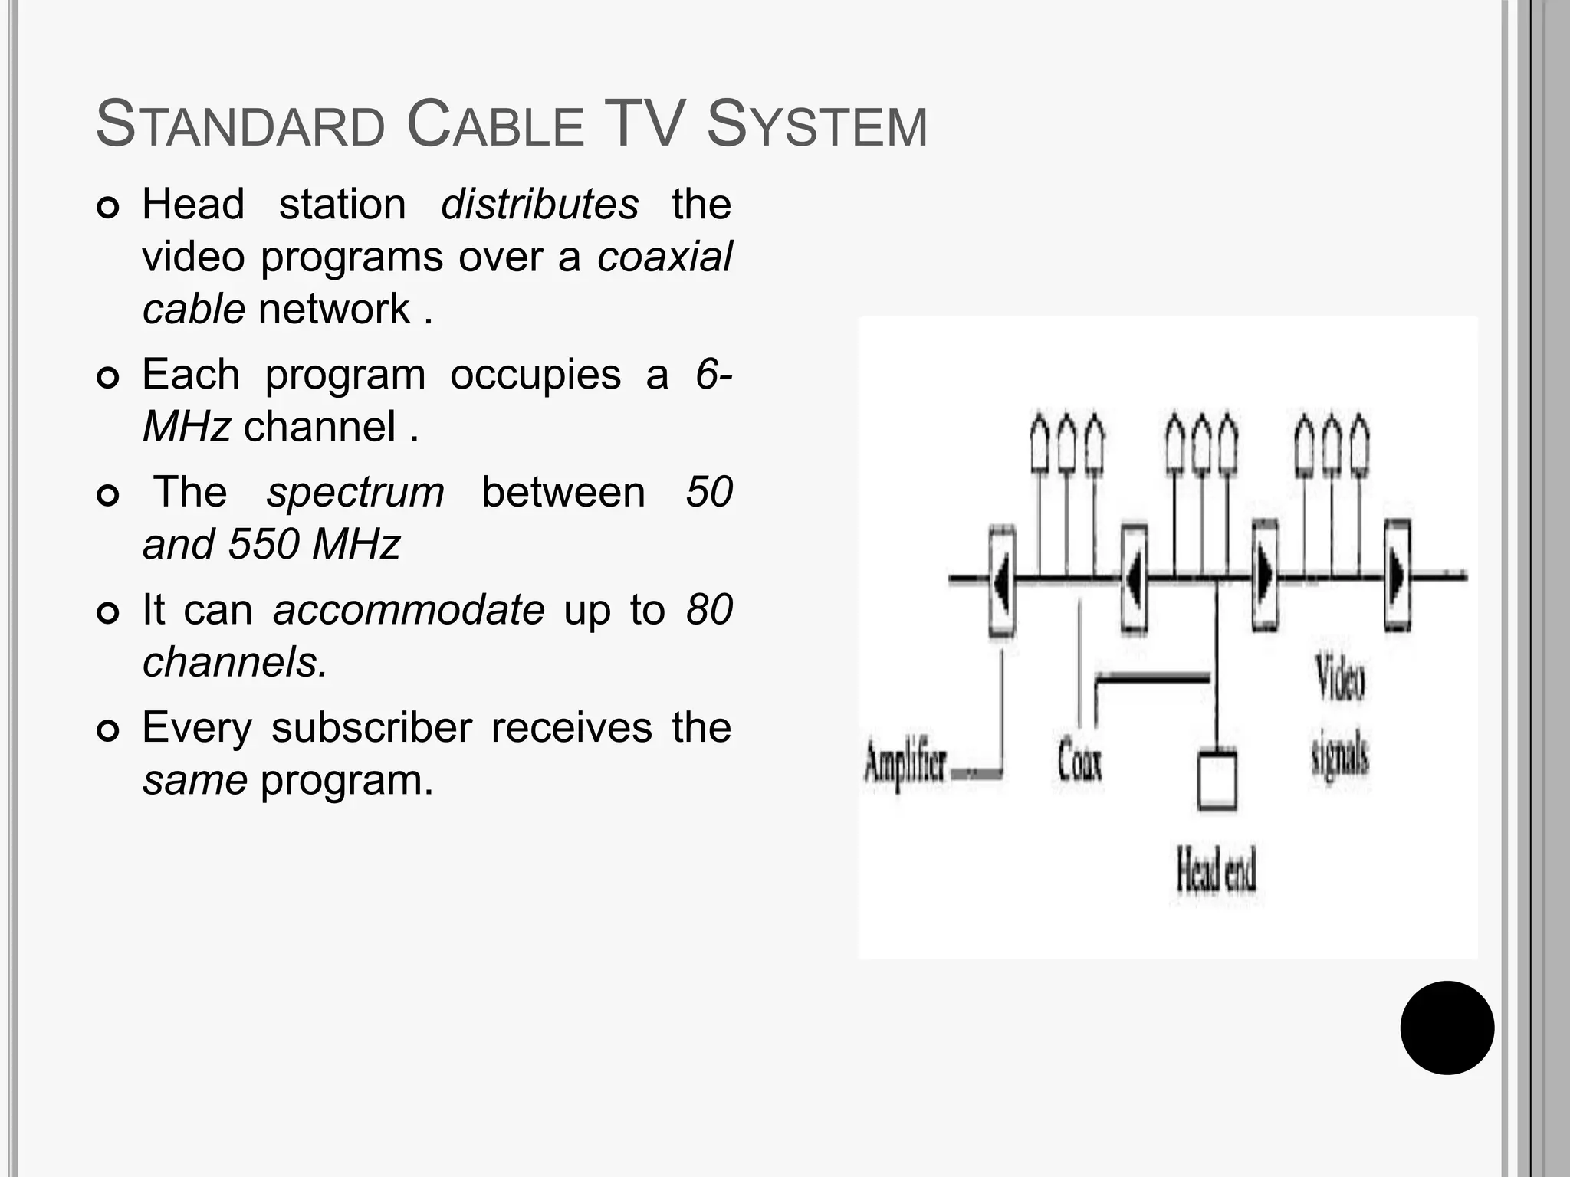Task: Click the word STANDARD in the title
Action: coord(241,125)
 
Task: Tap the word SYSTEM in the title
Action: coord(816,125)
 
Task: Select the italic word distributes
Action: coord(539,205)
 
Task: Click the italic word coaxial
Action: coord(665,257)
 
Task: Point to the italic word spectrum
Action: coord(355,492)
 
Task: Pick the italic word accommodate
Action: coord(409,610)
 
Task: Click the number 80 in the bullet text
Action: coord(709,610)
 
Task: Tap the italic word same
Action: coord(195,780)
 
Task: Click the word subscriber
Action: coord(371,727)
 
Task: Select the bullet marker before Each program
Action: coord(108,378)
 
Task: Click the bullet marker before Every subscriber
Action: coord(108,731)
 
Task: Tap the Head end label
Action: coord(1216,871)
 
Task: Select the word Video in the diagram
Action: coord(1340,677)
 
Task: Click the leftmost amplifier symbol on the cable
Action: coord(1002,580)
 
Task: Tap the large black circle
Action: coord(1447,1028)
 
